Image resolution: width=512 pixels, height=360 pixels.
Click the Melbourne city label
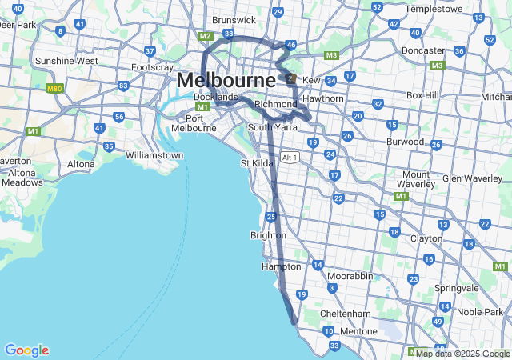[x=226, y=80]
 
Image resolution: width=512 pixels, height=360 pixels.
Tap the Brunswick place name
[x=233, y=20]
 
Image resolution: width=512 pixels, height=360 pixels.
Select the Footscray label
[x=152, y=67]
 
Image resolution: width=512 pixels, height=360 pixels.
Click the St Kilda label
[x=258, y=163]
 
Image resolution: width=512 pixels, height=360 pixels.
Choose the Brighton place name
[x=268, y=235]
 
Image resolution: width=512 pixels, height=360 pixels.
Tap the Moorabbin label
[x=350, y=275]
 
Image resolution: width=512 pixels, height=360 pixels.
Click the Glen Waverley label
[x=471, y=178]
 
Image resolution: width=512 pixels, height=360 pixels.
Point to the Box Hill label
[x=423, y=94]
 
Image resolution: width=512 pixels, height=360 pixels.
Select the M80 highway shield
[x=54, y=89]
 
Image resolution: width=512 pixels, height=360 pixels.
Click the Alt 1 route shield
[x=290, y=158]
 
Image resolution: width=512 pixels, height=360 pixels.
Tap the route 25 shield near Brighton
[x=272, y=217]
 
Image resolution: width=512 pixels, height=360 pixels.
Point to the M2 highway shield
[x=205, y=36]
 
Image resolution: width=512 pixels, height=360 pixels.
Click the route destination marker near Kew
[x=290, y=78]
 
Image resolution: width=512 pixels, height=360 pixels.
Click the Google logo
[x=26, y=350]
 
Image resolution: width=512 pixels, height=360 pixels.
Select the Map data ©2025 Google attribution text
[x=462, y=354]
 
